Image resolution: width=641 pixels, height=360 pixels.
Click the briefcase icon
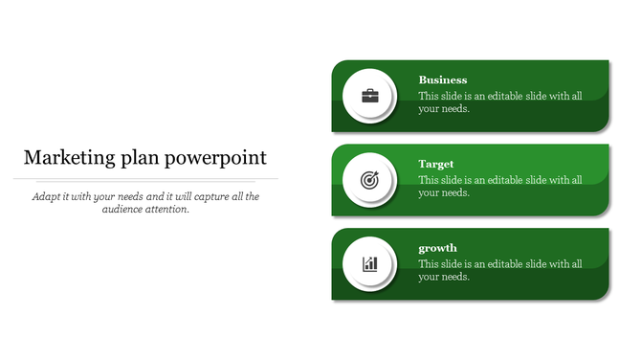click(x=369, y=96)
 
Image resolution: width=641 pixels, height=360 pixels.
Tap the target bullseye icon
click(x=369, y=179)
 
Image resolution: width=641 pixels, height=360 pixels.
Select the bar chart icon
click(x=369, y=263)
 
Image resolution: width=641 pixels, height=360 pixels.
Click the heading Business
click(x=443, y=80)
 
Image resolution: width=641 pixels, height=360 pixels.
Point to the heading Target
click(x=436, y=165)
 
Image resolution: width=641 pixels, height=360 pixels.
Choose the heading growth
click(x=438, y=249)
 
